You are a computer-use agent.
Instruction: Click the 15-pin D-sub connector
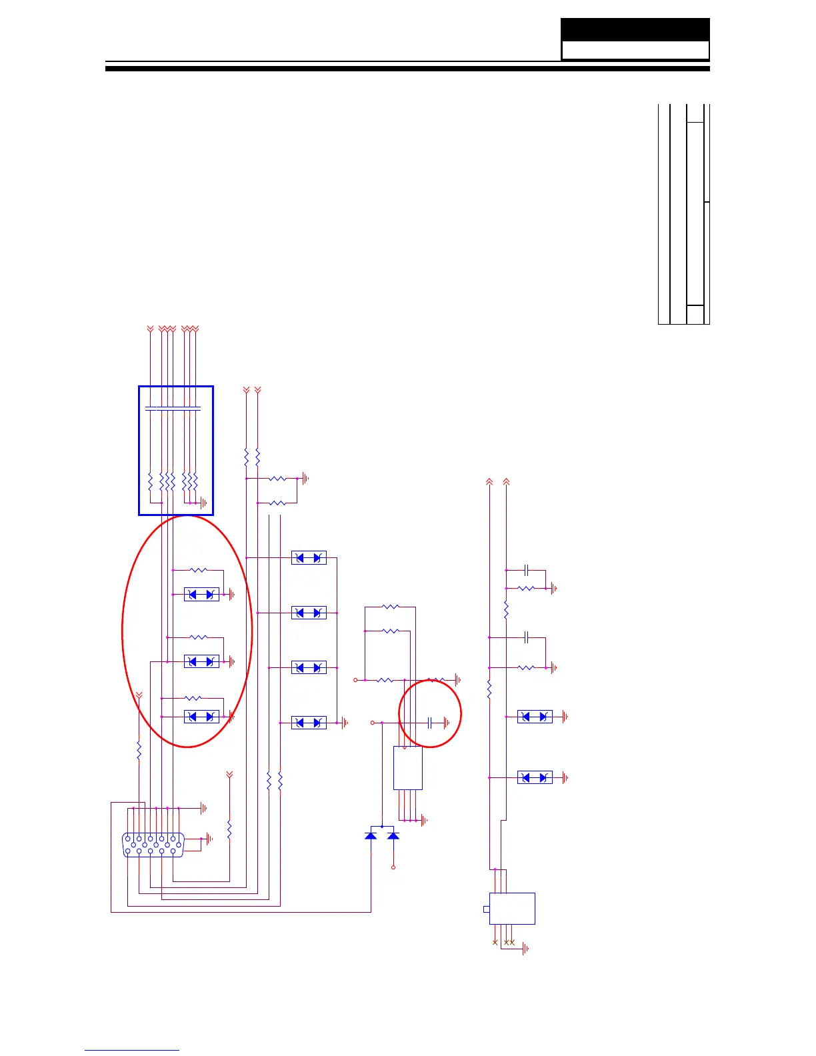click(x=153, y=845)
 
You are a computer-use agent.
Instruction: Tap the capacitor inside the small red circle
click(x=430, y=723)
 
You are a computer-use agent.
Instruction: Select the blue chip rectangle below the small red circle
click(x=408, y=768)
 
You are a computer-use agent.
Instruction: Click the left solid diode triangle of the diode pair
click(x=371, y=835)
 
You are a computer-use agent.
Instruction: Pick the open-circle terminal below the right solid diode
click(x=393, y=867)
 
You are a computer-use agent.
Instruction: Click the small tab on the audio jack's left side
click(x=486, y=909)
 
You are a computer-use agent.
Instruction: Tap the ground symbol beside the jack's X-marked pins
click(x=525, y=948)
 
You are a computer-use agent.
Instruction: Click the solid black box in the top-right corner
click(x=635, y=29)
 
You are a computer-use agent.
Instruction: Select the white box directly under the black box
click(x=635, y=51)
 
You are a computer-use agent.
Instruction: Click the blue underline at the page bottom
click(x=132, y=1051)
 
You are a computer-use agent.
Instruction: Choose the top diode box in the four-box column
click(x=309, y=558)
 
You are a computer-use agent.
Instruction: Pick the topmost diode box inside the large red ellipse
click(x=201, y=594)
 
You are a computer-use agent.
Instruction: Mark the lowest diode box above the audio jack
click(x=535, y=777)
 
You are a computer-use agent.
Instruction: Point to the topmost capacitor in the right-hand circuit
click(x=527, y=570)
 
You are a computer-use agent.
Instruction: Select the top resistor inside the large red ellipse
click(x=199, y=570)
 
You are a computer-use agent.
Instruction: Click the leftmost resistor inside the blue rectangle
click(x=151, y=481)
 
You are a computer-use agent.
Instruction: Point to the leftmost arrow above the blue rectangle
click(x=150, y=329)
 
